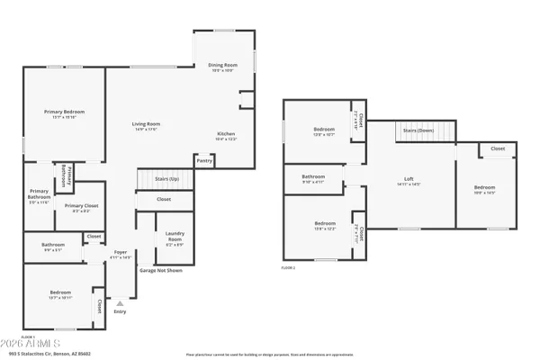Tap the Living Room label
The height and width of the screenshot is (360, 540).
pyautogui.click(x=146, y=126)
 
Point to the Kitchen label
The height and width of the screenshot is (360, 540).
pyautogui.click(x=226, y=136)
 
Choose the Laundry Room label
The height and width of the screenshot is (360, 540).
pyautogui.click(x=175, y=238)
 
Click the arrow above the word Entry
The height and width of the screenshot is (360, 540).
pyautogui.click(x=120, y=304)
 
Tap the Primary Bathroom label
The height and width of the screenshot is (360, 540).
pyautogui.click(x=39, y=196)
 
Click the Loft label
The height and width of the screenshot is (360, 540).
pyautogui.click(x=409, y=182)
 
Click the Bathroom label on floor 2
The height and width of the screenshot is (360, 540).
pyautogui.click(x=313, y=178)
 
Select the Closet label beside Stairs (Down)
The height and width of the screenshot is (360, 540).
pyautogui.click(x=497, y=148)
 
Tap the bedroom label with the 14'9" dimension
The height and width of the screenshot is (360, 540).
pyautogui.click(x=484, y=190)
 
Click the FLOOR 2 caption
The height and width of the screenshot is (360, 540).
pyautogui.click(x=288, y=268)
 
